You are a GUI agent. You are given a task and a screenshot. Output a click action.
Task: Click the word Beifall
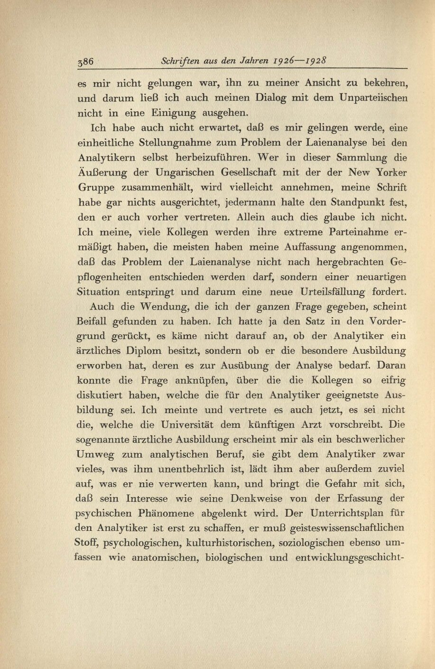click(x=92, y=322)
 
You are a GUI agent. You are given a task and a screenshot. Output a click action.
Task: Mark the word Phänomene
click(x=195, y=514)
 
